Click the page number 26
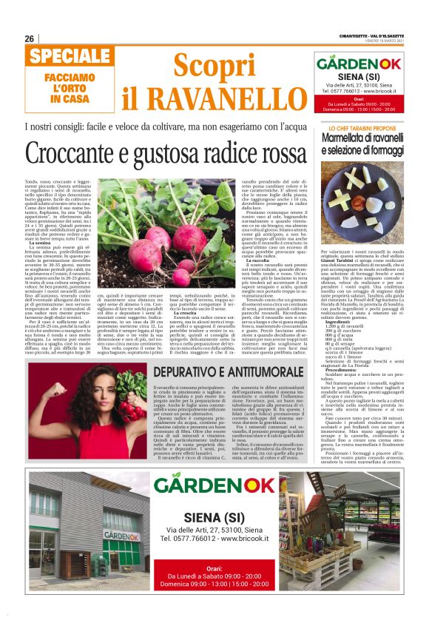[30, 38]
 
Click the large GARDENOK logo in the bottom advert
[215, 485]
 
